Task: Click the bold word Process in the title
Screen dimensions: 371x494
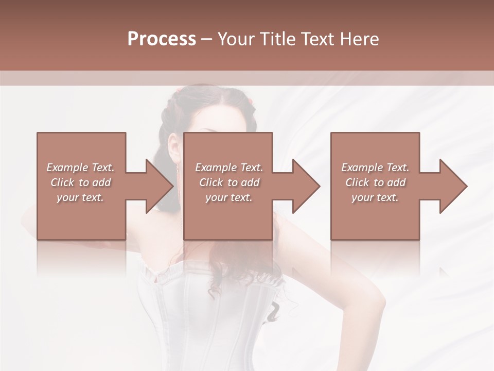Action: click(162, 39)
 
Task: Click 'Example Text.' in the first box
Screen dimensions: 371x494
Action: click(80, 167)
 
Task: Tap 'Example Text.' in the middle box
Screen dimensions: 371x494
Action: click(229, 167)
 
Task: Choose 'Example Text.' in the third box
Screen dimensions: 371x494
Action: click(375, 167)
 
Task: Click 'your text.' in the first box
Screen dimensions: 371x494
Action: click(80, 197)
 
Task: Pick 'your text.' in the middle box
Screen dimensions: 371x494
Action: click(229, 197)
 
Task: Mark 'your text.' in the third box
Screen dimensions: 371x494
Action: click(375, 197)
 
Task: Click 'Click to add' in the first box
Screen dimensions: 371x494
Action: click(80, 182)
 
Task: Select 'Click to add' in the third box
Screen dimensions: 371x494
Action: click(375, 182)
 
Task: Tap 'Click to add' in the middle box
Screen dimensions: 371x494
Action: click(229, 182)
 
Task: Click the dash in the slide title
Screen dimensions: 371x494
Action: click(206, 40)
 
